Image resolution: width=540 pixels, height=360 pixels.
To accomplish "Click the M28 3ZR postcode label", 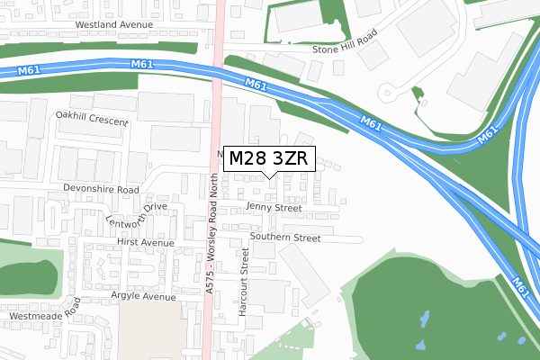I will click(x=268, y=158).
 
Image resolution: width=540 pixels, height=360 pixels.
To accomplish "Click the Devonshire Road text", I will click(x=101, y=190).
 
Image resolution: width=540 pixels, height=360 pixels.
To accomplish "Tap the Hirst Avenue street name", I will click(x=145, y=243).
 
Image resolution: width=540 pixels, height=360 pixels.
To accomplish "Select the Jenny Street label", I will click(x=274, y=208).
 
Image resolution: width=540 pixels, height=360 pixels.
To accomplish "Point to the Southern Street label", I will click(x=285, y=238).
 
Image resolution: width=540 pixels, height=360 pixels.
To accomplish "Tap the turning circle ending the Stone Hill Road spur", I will click(x=389, y=92).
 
